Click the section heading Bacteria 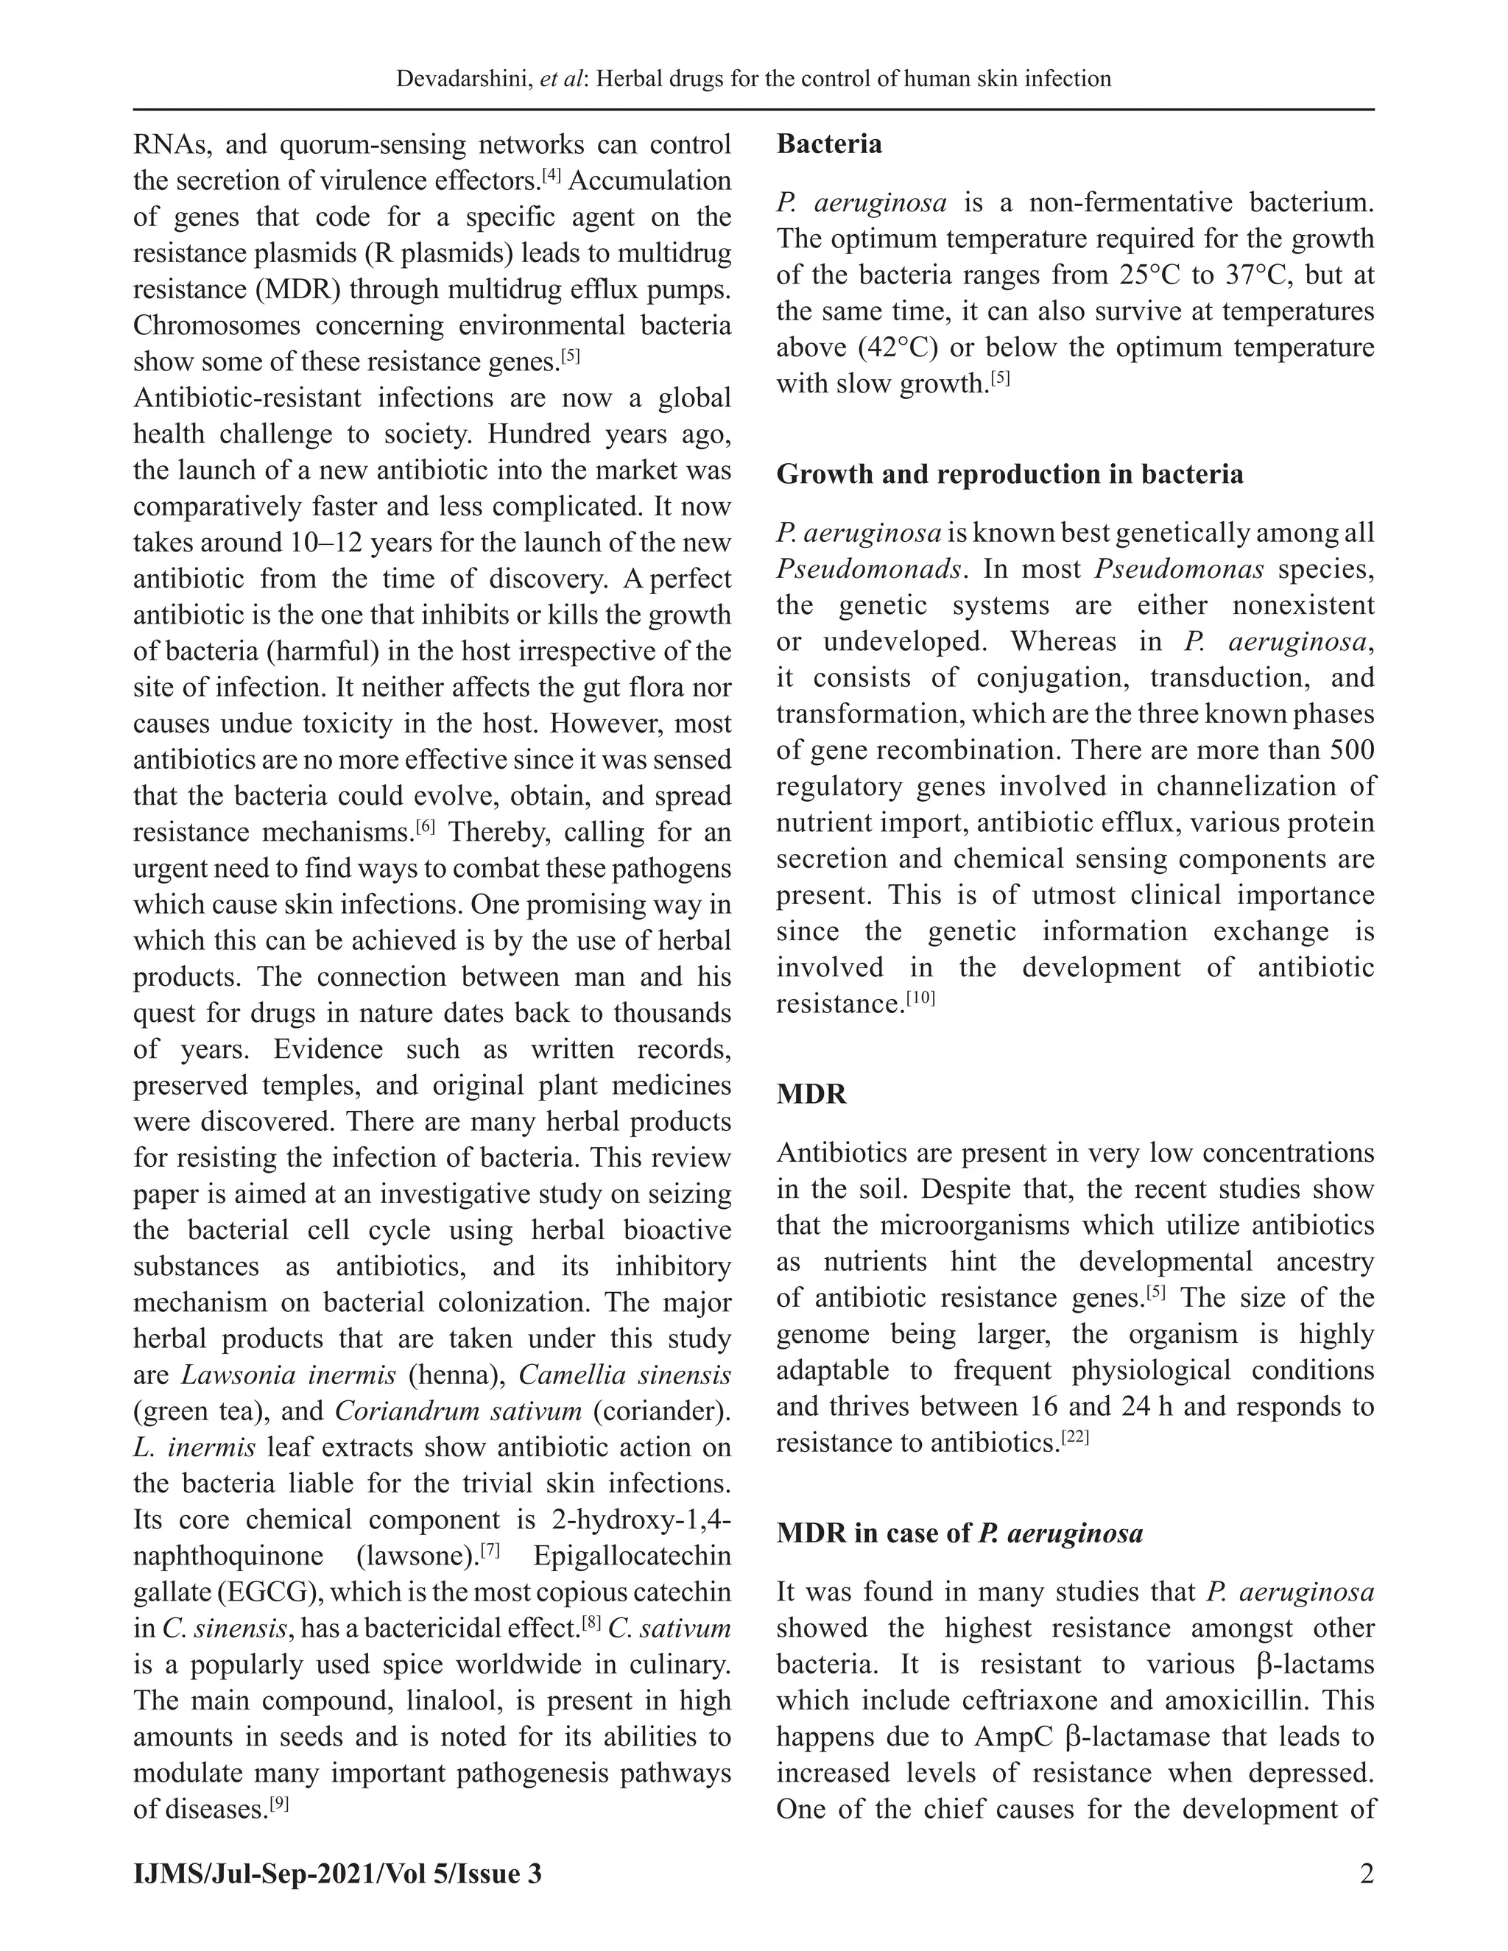coord(828,145)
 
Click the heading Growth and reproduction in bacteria coord(1010,474)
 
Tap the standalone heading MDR coord(811,1094)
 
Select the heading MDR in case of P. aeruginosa coord(959,1534)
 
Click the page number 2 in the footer coord(1366,1873)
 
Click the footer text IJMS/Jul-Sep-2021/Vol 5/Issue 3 coord(338,1873)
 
